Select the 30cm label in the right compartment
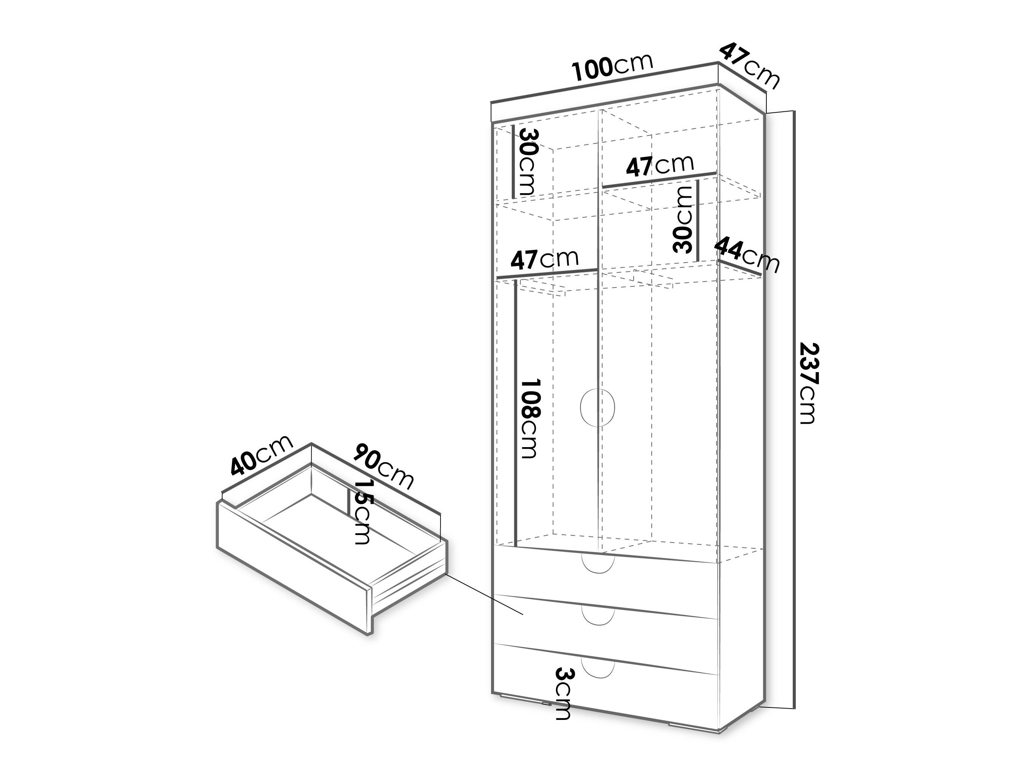pyautogui.click(x=683, y=220)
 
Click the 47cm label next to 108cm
pyautogui.click(x=544, y=259)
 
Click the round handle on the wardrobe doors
pyautogui.click(x=597, y=407)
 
